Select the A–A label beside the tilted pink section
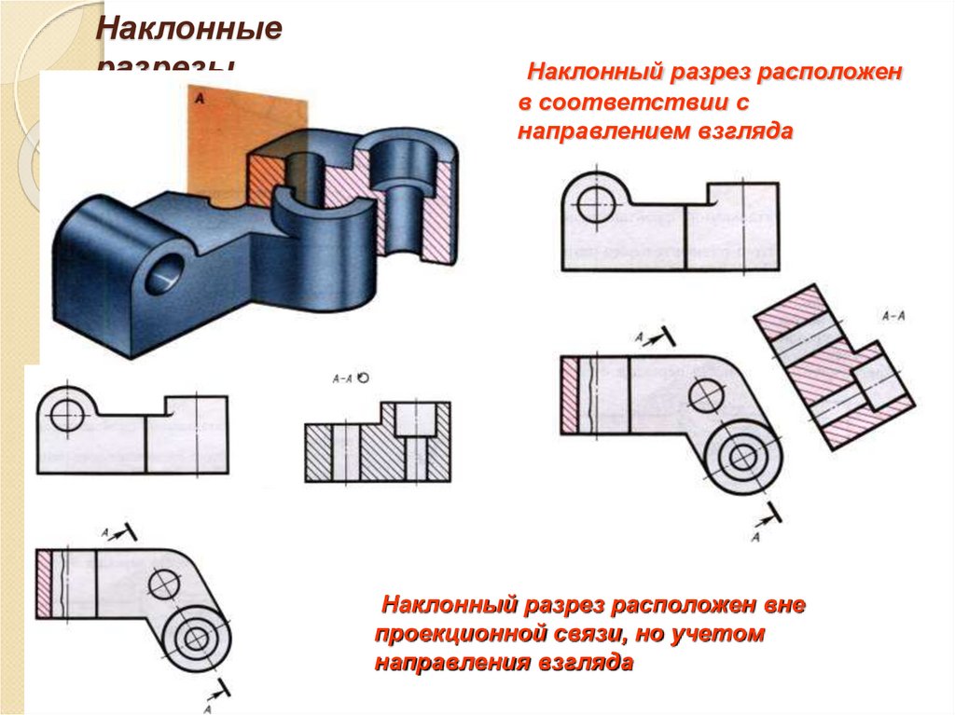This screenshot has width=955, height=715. pyautogui.click(x=893, y=316)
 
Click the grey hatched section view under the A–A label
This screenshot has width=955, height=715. pyautogui.click(x=377, y=443)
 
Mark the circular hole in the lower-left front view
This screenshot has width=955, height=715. pyautogui.click(x=67, y=415)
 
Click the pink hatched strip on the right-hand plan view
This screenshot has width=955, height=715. pyautogui.click(x=570, y=395)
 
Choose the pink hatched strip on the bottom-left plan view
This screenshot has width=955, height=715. pyautogui.click(x=43, y=583)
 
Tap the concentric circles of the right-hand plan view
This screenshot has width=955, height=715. pyautogui.click(x=742, y=457)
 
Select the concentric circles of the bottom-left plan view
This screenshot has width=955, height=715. pyautogui.click(x=195, y=639)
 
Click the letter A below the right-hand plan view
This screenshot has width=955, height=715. pyautogui.click(x=755, y=537)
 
